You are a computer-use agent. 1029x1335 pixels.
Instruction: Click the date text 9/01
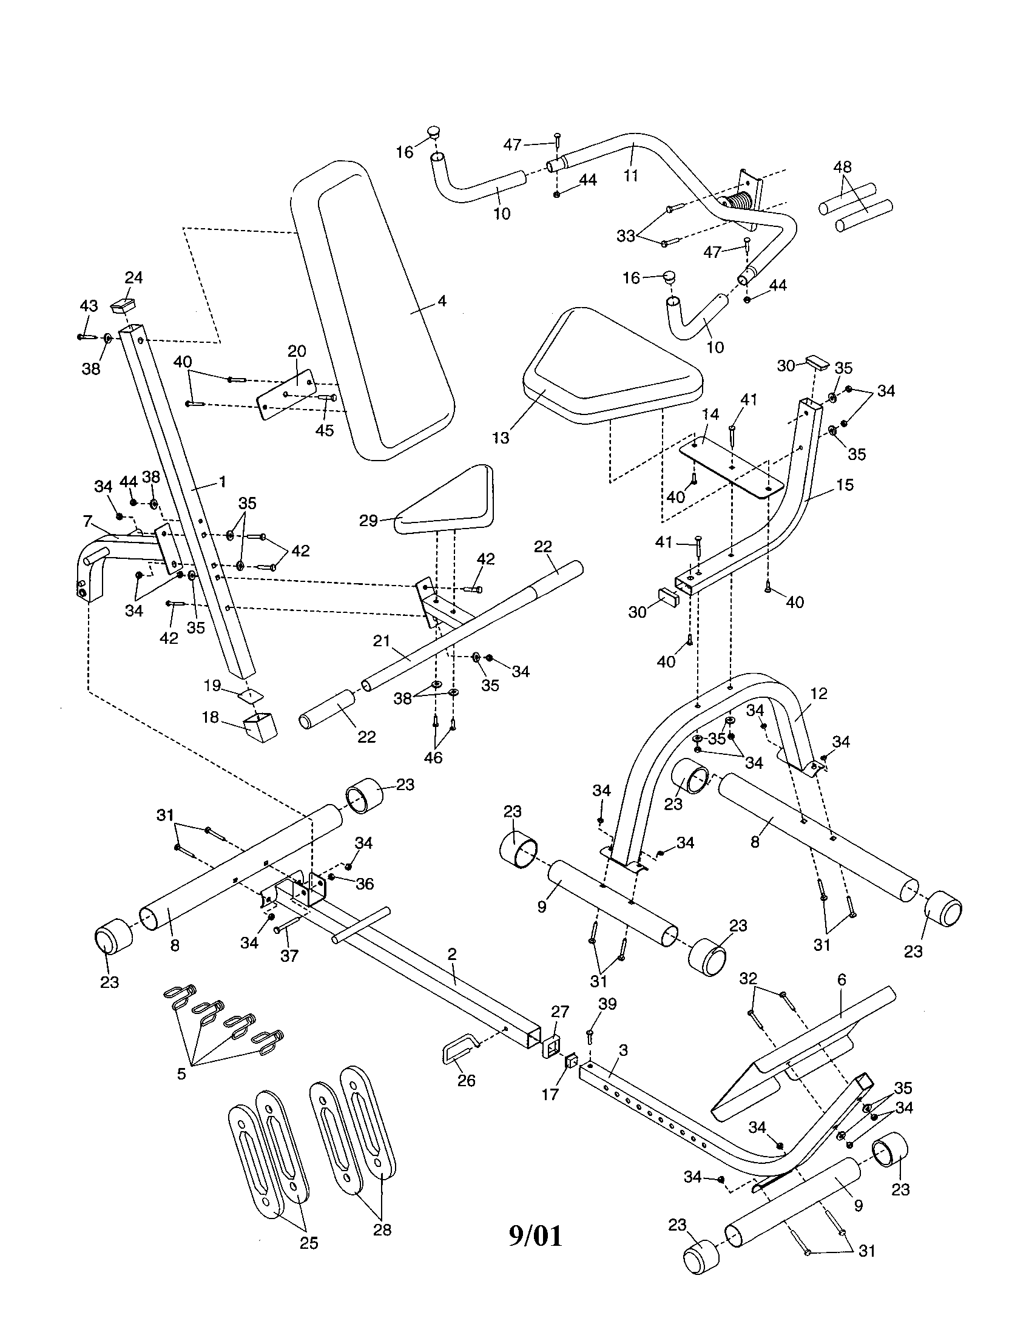pos(535,1236)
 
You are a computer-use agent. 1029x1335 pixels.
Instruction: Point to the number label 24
pos(134,277)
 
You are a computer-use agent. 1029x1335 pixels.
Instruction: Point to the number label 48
pos(842,167)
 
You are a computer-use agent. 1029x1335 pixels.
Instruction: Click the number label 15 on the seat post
pos(845,485)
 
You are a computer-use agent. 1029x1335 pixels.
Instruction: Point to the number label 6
pos(842,980)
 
